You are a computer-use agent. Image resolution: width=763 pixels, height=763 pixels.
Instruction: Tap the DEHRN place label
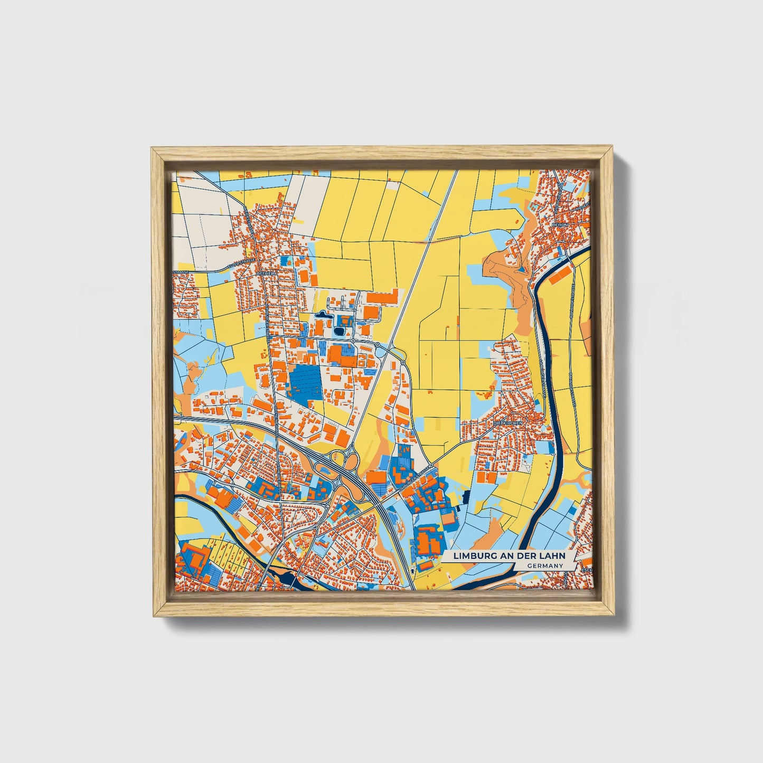click(559, 224)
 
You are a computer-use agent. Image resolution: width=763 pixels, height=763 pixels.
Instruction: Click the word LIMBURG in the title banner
click(471, 556)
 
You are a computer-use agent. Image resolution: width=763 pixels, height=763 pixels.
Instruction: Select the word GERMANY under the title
click(544, 566)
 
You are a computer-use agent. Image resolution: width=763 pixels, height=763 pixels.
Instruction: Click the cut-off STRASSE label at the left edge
click(181, 272)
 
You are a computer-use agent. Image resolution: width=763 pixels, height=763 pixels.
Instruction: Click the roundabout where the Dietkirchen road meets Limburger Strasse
click(431, 465)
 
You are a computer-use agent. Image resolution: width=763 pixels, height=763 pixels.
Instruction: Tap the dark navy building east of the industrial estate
click(466, 496)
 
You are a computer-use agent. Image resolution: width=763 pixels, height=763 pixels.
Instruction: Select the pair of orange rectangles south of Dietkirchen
click(486, 477)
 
